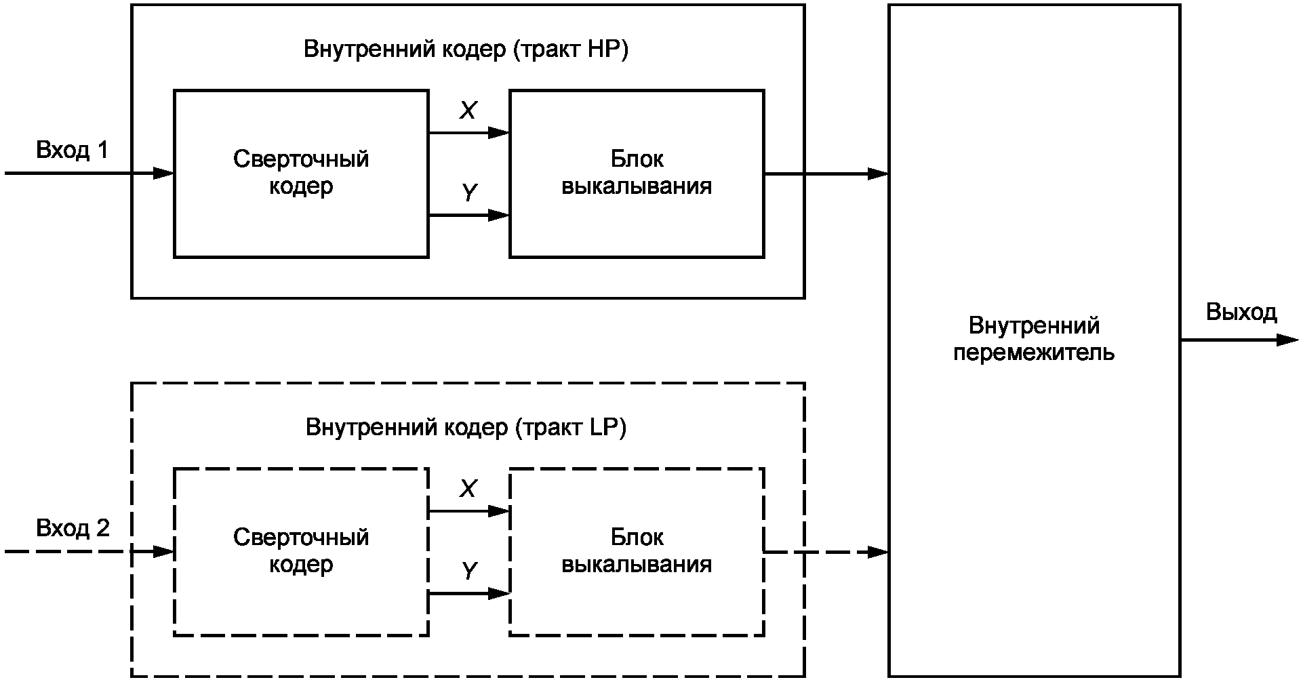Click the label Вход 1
click(72, 150)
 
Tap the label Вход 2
click(73, 528)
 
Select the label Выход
click(1241, 313)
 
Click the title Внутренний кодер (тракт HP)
click(466, 50)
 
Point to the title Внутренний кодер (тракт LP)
click(466, 428)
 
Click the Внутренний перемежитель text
click(1034, 339)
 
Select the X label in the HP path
click(468, 111)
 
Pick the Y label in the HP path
click(469, 193)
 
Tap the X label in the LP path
click(468, 489)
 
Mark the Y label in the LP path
click(469, 571)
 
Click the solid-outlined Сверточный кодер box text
click(301, 172)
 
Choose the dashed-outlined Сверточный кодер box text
click(301, 550)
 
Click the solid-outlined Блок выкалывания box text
click(637, 172)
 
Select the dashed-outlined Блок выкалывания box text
click(637, 550)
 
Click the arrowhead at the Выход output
click(1288, 340)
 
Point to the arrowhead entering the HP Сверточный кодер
click(164, 174)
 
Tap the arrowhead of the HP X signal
click(500, 132)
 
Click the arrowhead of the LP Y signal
click(500, 594)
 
